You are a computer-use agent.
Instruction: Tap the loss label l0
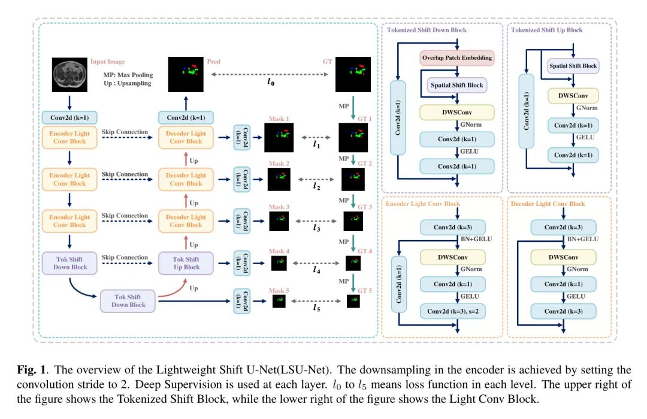tap(271, 82)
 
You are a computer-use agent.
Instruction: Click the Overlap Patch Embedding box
tap(456, 58)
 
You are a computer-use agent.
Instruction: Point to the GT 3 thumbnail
tap(352, 220)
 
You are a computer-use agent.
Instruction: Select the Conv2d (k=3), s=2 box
tap(457, 311)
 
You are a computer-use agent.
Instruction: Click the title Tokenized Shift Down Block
tap(426, 30)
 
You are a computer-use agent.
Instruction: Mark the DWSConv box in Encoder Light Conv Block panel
tap(456, 257)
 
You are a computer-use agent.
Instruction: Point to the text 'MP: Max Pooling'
tap(128, 75)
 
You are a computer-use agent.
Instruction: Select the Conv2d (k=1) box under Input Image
tap(69, 118)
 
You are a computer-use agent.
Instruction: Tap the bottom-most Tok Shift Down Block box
tap(128, 300)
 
